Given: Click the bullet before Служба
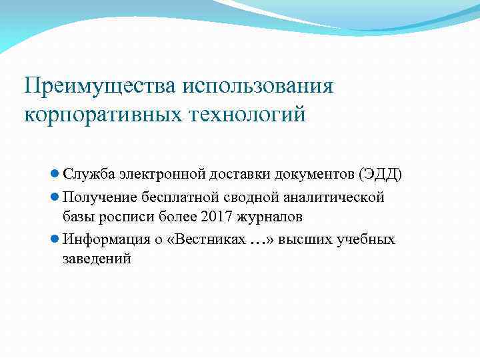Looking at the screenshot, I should coord(55,175).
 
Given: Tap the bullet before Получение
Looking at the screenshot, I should coord(55,197).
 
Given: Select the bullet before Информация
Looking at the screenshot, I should coord(55,239).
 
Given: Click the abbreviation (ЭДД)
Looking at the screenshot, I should coord(380,175).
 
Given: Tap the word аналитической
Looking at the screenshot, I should coord(333,197).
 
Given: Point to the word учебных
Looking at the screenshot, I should coord(367,239).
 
